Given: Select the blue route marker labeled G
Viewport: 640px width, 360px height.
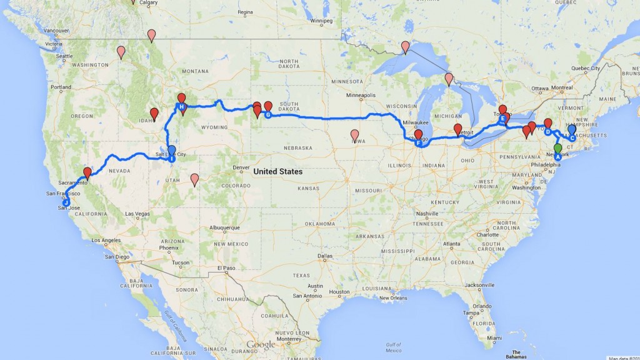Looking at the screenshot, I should pyautogui.click(x=267, y=114).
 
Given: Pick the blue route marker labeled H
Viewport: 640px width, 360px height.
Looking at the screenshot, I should pyautogui.click(x=181, y=107).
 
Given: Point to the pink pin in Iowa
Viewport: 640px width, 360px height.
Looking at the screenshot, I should pyautogui.click(x=355, y=135).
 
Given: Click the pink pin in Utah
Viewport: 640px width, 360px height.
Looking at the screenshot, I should pyautogui.click(x=194, y=180).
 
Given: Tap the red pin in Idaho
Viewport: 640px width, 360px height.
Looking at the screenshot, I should pyautogui.click(x=154, y=114).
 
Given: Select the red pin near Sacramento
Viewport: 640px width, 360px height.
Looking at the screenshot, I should pyautogui.click(x=87, y=173).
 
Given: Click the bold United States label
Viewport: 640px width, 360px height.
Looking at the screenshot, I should pyautogui.click(x=278, y=171).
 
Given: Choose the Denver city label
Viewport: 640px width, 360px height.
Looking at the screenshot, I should pyautogui.click(x=241, y=167).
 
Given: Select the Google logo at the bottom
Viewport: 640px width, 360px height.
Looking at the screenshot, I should pyautogui.click(x=261, y=345).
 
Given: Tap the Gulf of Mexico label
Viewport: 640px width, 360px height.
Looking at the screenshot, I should pyautogui.click(x=393, y=346).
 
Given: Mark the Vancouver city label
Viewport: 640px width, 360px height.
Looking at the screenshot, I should pyautogui.click(x=57, y=31).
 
